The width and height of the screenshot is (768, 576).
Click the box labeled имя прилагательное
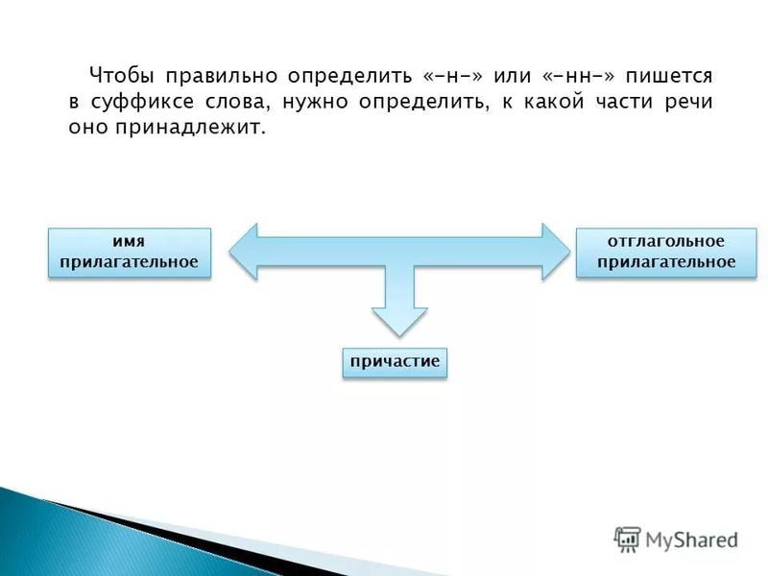coord(129,252)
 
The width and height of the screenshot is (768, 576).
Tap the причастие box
coord(395,362)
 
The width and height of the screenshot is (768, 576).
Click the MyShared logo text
coord(691,540)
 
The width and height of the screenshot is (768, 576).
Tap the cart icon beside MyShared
coord(627,539)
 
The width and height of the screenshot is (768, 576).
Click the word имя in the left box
coord(129,242)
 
